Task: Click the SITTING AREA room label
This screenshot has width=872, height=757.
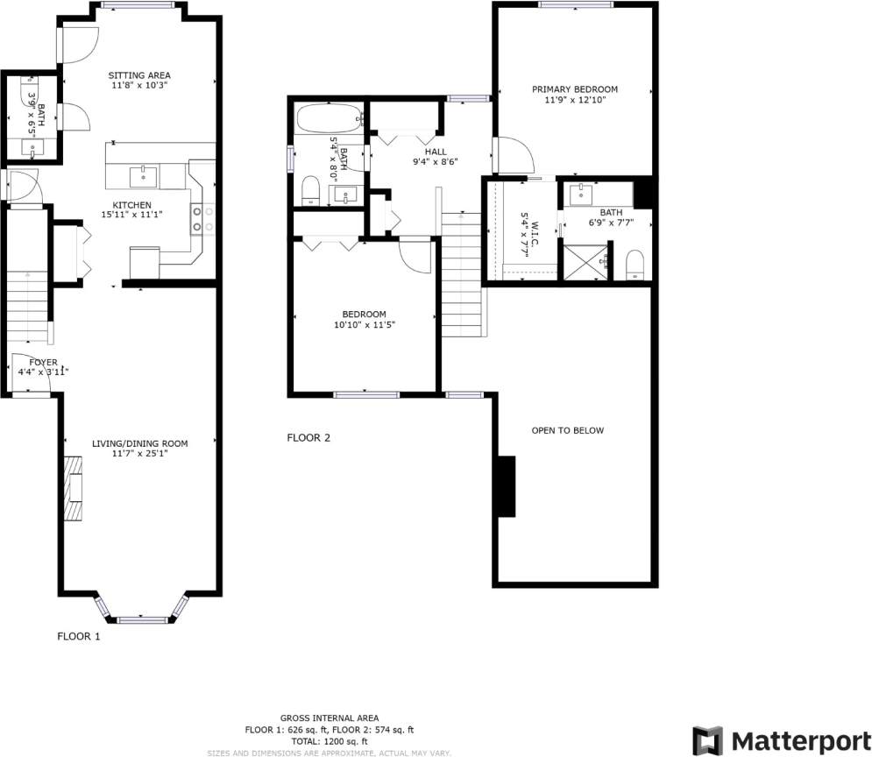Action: click(138, 74)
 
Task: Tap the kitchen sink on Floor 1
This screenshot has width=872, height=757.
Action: click(144, 177)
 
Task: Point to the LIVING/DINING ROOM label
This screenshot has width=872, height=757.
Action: click(139, 443)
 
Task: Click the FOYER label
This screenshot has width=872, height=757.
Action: click(43, 362)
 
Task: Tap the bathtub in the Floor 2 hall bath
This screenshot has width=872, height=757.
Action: click(329, 117)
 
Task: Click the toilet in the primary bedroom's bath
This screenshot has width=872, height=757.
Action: click(635, 265)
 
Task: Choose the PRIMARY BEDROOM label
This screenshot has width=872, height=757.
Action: click(575, 89)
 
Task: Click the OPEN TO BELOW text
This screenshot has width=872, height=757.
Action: click(567, 430)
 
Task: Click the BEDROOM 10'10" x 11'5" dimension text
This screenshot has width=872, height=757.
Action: click(364, 325)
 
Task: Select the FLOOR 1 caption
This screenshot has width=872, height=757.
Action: click(79, 637)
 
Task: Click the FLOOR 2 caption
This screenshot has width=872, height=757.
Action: click(308, 438)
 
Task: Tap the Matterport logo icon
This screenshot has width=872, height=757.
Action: click(708, 739)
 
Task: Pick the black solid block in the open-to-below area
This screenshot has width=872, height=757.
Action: click(506, 487)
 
